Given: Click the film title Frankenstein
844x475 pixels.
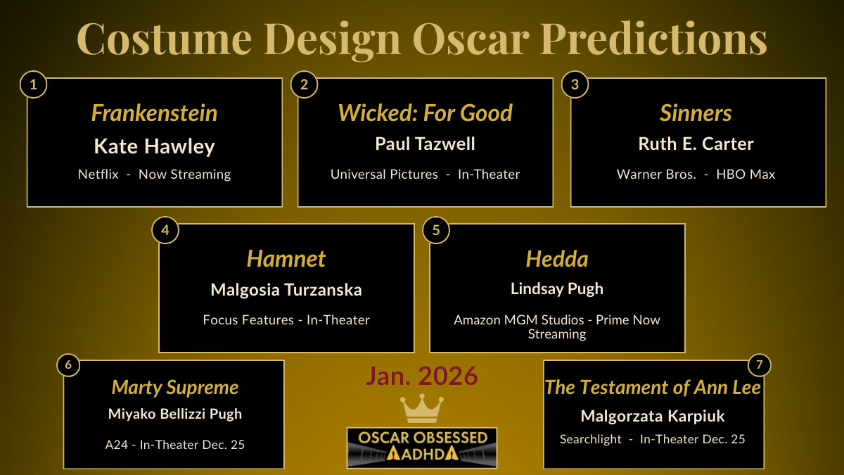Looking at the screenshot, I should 154,113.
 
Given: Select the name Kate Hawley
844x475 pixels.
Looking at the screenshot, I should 154,146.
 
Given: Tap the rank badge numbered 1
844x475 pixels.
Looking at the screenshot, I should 33,85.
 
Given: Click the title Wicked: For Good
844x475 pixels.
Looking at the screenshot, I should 425,113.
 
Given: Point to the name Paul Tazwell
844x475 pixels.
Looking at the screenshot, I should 425,144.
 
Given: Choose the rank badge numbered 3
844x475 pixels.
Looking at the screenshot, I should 575,85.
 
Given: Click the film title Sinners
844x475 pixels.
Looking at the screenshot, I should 696,113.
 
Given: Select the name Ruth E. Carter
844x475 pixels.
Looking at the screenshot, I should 696,144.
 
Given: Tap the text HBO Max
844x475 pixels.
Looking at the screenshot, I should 746,174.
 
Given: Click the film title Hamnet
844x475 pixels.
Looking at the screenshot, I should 286,259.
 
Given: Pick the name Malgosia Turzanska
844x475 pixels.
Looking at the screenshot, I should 286,290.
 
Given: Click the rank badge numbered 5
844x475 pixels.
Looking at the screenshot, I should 435,231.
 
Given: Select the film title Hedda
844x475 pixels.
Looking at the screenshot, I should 556,259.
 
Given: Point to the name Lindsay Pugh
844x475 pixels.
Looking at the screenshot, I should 556,289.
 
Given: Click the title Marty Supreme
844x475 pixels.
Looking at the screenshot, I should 175,388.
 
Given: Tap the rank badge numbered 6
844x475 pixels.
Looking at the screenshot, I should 68,365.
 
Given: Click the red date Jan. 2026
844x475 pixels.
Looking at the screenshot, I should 421,376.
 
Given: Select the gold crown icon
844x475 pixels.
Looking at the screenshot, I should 421,409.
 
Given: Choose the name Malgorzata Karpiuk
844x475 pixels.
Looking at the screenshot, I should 653,416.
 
